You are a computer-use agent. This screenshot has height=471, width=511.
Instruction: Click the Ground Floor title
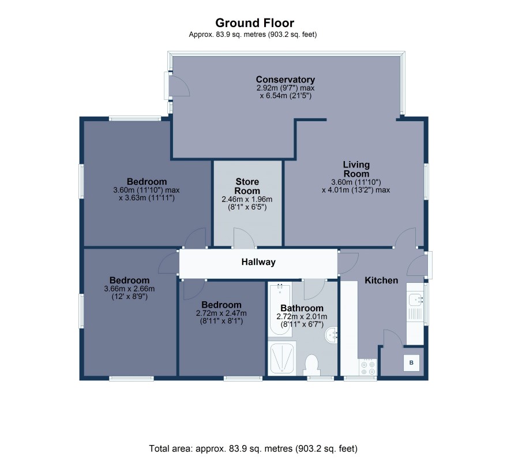254,23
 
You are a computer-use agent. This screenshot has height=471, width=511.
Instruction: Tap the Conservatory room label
285,79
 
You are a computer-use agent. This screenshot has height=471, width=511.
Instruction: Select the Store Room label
247,186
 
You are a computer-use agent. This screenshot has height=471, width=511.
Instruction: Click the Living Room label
356,169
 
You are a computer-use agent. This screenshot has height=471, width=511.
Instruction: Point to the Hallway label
258,262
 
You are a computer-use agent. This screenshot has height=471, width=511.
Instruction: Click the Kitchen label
381,280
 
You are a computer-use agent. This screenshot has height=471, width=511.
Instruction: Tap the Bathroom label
302,308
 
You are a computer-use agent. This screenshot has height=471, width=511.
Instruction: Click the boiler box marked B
411,362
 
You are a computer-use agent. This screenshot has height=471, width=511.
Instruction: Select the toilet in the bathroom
312,365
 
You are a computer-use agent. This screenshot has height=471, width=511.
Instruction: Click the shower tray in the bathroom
282,358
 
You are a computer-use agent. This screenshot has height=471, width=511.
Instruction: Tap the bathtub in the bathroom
280,309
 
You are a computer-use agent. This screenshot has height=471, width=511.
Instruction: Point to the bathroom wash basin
332,335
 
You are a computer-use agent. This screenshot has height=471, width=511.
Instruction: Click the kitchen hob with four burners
368,368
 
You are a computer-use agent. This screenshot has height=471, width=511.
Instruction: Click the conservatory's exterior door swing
179,85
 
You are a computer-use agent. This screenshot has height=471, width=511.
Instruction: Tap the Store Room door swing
244,237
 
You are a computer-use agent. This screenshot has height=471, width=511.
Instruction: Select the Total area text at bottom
253,449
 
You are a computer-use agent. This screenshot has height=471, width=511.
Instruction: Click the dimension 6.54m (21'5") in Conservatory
285,96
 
